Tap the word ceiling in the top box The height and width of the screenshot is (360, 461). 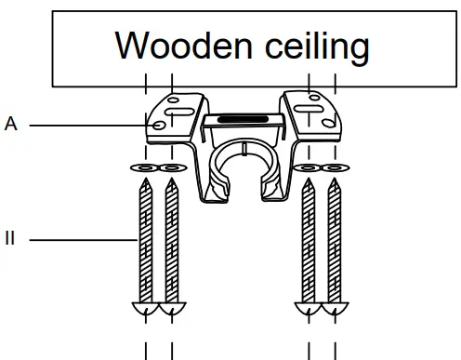click(309, 46)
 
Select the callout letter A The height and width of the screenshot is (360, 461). click(10, 123)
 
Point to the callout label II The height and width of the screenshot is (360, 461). click(10, 239)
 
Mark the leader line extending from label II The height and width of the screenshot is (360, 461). click(84, 239)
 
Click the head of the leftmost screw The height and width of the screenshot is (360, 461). click(146, 309)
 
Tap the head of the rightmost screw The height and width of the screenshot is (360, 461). click(334, 309)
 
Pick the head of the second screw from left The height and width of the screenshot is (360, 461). click(171, 309)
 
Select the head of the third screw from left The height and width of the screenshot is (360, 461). click(309, 309)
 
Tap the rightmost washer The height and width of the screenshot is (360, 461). click(334, 168)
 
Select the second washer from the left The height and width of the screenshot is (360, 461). click(171, 168)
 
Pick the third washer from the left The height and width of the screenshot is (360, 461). click(309, 168)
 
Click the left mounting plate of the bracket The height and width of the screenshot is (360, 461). click(175, 113)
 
